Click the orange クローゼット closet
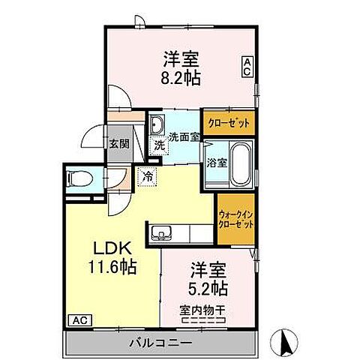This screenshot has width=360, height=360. click(x=228, y=122)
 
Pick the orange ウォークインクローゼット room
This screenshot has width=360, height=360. click(x=236, y=218)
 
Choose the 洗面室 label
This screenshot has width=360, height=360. click(x=183, y=136)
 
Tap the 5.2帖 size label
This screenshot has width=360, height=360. click(x=207, y=286)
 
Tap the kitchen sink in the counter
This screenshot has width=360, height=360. click(x=160, y=234)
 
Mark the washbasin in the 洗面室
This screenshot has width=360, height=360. click(x=157, y=124)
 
